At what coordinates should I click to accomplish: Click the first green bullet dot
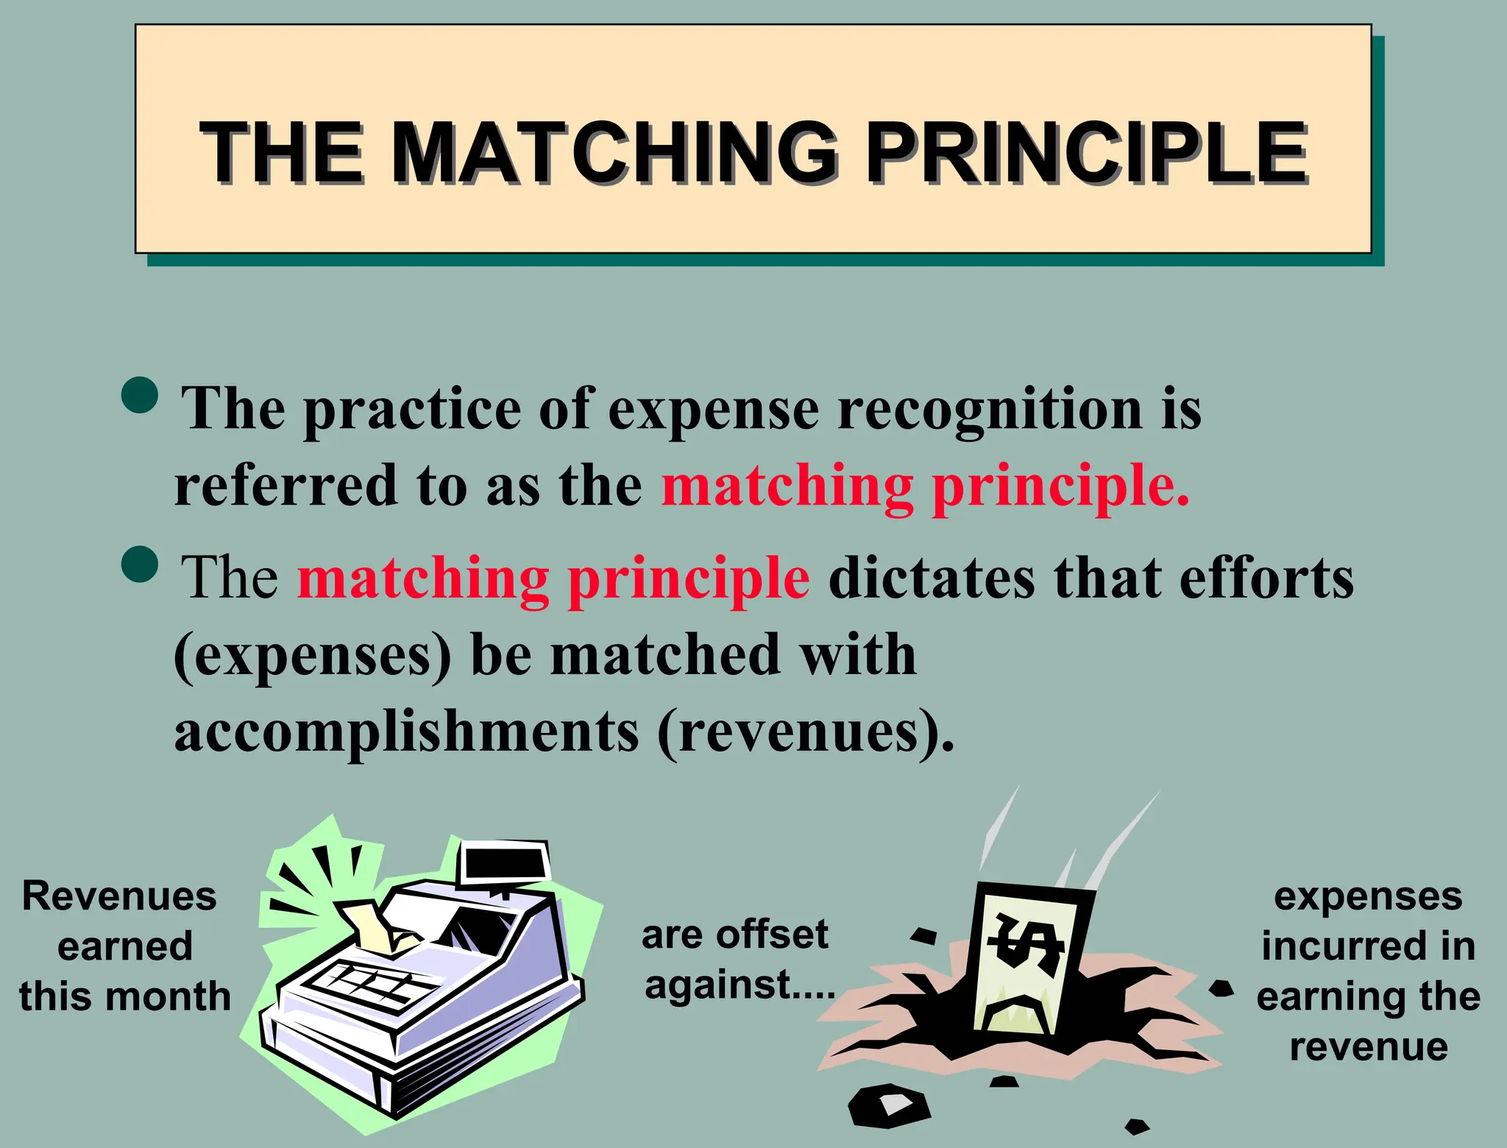point(139,395)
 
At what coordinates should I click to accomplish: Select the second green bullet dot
point(139,564)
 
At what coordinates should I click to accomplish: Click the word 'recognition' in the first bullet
point(990,410)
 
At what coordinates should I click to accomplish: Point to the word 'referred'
point(286,486)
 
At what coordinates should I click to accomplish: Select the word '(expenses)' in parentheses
point(313,656)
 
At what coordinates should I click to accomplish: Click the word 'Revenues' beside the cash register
point(119,896)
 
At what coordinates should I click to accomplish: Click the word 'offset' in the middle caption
point(772,935)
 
